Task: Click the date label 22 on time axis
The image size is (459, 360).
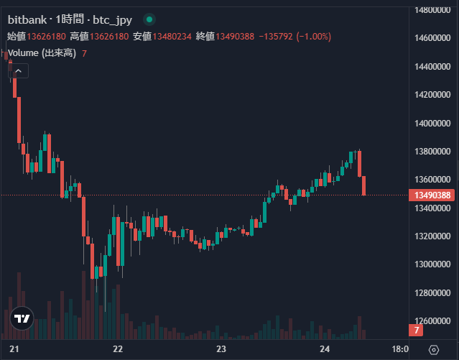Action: point(119,349)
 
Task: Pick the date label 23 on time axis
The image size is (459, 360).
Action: point(221,349)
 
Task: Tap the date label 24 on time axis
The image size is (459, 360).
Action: point(324,349)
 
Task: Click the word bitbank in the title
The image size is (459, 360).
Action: point(27,19)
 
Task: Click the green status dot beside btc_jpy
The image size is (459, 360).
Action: point(149,19)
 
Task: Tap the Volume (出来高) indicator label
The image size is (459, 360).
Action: point(41,53)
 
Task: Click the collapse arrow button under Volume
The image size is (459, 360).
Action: point(18,70)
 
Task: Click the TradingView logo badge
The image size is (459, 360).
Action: point(22,319)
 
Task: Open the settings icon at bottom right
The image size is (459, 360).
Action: point(433,349)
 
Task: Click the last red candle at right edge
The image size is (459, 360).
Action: point(364,185)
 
